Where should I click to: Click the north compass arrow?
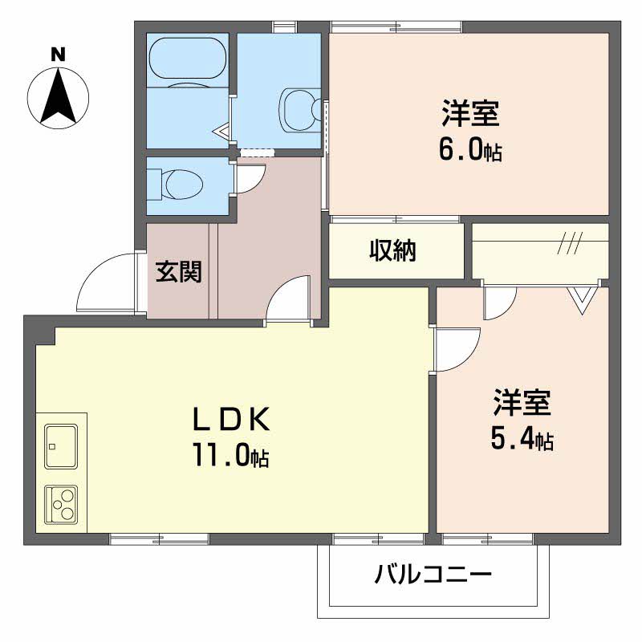click(x=58, y=97)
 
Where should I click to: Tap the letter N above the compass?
click(x=58, y=55)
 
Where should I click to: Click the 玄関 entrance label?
click(x=178, y=271)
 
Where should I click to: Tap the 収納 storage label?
click(x=393, y=250)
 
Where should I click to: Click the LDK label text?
click(x=232, y=418)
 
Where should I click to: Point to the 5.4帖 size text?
click(x=522, y=440)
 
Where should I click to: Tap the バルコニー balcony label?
click(x=433, y=574)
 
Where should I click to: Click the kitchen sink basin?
click(x=61, y=446)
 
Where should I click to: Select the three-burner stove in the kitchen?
click(x=61, y=504)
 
